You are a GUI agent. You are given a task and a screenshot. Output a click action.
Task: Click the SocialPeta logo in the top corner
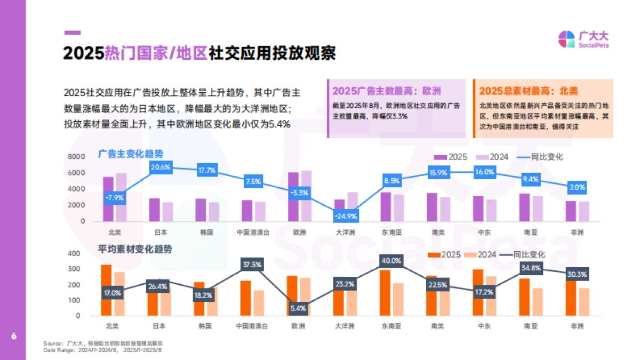pos(583,39)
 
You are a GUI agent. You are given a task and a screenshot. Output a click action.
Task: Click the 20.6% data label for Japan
pos(161,167)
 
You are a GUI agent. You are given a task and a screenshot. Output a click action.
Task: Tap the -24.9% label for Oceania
pos(346,216)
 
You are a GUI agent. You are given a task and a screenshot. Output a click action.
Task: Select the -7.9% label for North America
pos(114,197)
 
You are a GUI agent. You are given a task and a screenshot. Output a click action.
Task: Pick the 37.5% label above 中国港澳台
pos(252,265)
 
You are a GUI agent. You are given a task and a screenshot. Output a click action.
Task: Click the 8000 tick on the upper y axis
pos(76,157)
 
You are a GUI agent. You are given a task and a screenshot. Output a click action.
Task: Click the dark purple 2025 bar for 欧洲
pos(293,196)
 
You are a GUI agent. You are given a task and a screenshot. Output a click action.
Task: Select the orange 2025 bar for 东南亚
pos(385,292)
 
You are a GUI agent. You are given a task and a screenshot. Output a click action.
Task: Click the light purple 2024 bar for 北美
pos(122,197)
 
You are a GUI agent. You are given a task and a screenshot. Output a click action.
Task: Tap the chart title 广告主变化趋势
pos(130,154)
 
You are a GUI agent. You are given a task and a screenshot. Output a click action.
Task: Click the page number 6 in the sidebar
pos(13,336)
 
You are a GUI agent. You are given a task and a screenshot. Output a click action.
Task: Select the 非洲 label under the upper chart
pos(577,232)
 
